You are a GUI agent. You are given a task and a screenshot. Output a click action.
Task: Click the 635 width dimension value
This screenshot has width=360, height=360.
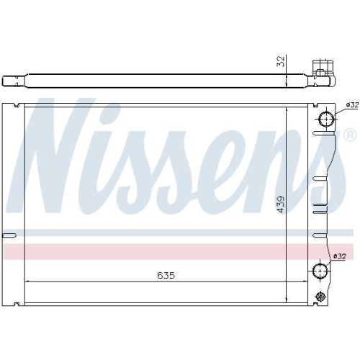[x=167, y=274]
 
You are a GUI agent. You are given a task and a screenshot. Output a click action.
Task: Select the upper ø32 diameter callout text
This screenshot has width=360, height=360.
[x=351, y=105]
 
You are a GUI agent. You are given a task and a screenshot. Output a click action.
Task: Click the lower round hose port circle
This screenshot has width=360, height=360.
[x=322, y=271]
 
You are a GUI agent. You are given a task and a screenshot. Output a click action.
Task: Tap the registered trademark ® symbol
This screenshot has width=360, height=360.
[x=349, y=135]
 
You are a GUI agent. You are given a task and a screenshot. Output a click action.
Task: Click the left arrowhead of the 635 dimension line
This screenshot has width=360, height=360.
[x=27, y=281]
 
